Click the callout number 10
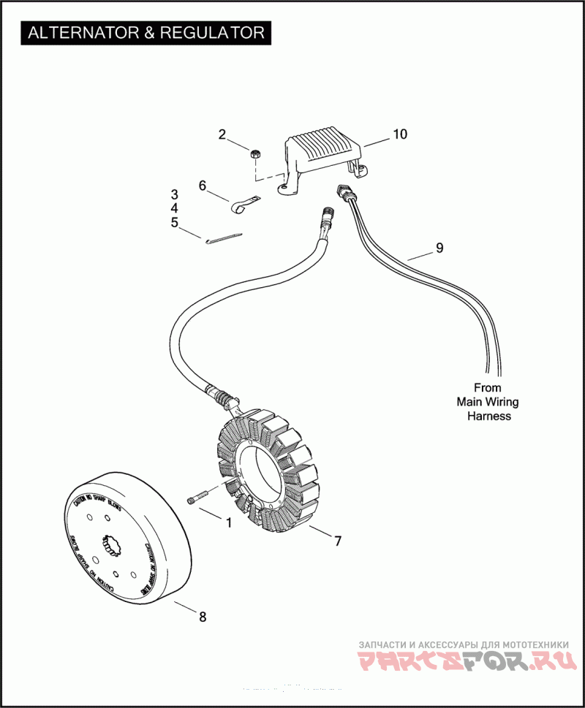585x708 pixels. [399, 134]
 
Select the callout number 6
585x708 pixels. [203, 186]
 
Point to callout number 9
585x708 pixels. [439, 248]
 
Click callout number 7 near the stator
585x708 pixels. [337, 541]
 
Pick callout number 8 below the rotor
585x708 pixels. [203, 617]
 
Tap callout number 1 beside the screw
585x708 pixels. [228, 523]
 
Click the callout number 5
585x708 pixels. [174, 222]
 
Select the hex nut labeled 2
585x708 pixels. [256, 154]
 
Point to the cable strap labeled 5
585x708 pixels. [224, 239]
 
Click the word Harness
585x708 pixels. [488, 416]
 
